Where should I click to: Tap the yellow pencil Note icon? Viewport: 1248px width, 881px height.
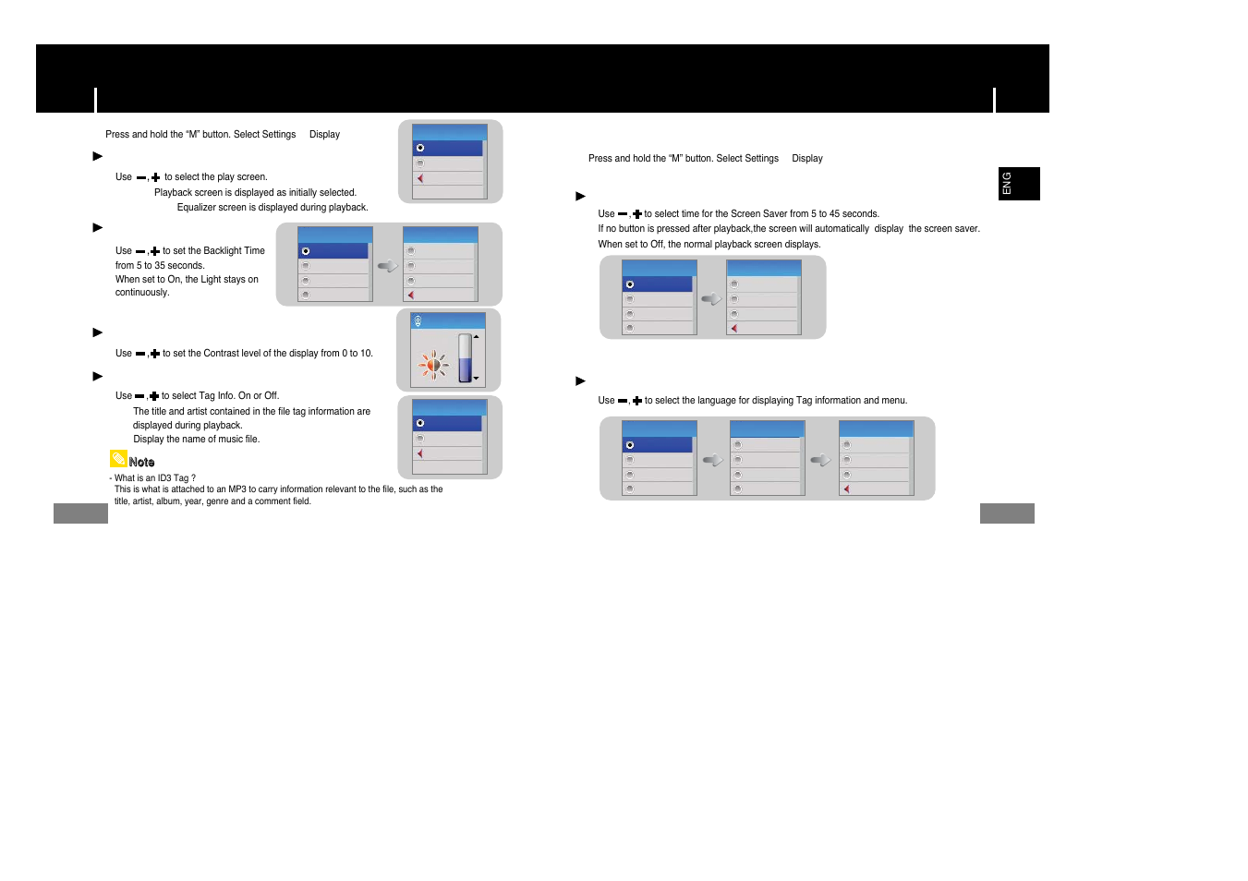(x=118, y=459)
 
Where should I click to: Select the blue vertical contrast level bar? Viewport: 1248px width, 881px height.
(x=465, y=359)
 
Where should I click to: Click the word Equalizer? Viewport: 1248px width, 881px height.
(x=197, y=208)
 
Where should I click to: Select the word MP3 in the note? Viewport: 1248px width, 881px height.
(x=237, y=489)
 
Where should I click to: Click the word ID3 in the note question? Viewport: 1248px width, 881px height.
(x=164, y=478)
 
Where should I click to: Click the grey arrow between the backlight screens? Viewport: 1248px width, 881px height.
(x=387, y=266)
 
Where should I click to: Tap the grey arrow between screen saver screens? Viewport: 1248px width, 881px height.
(x=711, y=299)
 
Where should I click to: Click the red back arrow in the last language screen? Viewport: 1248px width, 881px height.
(x=846, y=489)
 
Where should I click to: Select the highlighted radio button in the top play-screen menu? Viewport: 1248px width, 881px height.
(x=420, y=148)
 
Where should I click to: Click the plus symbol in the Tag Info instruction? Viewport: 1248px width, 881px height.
(x=154, y=396)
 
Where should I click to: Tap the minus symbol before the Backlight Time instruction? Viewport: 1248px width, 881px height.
(x=140, y=252)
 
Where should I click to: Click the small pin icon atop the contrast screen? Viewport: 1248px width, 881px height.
(x=418, y=321)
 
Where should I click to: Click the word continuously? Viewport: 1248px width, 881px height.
(x=142, y=293)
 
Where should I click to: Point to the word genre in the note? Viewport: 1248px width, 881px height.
(x=217, y=501)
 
